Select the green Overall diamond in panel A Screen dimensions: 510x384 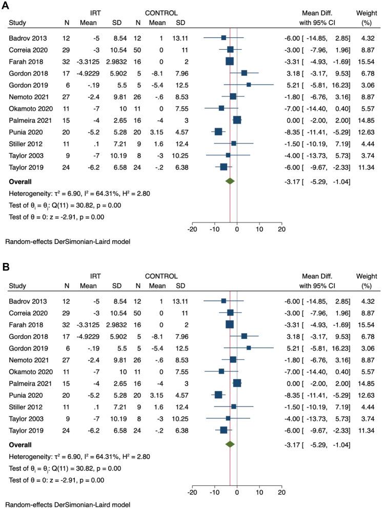click(230, 181)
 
